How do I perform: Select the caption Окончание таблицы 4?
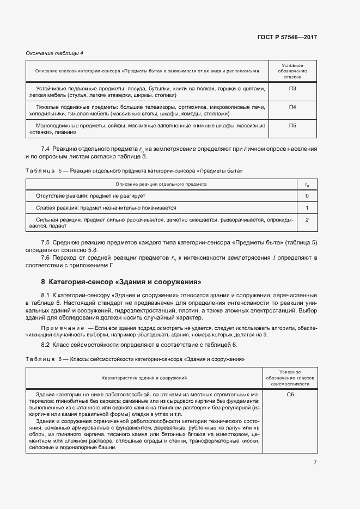[54, 53]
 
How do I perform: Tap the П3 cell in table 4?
[292, 89]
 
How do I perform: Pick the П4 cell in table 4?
[292, 107]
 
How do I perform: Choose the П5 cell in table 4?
[292, 126]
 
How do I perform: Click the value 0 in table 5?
[307, 195]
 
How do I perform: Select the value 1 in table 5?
[307, 207]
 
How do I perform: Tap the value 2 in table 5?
[307, 219]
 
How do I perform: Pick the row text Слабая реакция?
[55, 207]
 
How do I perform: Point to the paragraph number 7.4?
[46, 149]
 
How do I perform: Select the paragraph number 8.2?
[46, 345]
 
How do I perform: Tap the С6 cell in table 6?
[290, 394]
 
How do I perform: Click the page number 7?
[315, 462]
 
